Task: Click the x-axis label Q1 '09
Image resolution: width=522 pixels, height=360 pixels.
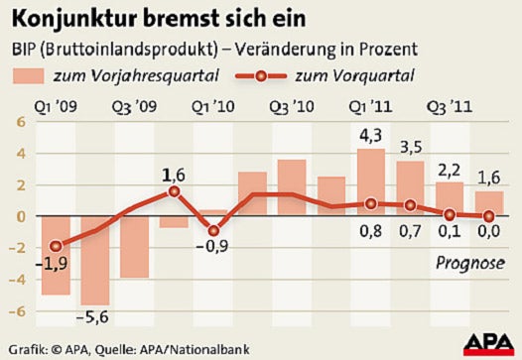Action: coord(56,107)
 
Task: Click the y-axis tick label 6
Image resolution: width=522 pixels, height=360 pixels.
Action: coord(16,123)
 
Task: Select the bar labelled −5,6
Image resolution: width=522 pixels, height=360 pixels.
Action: coord(95,260)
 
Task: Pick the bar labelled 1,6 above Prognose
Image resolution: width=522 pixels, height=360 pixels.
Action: coord(487,203)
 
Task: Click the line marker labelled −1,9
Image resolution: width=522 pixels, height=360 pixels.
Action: coord(56,246)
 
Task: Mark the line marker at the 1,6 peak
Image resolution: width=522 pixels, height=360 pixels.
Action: coord(174,191)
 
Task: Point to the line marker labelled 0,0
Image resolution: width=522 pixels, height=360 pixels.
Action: coord(487,216)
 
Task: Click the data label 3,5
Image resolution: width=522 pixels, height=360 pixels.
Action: coord(409,148)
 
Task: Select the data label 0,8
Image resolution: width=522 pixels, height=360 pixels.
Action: coord(370,235)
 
